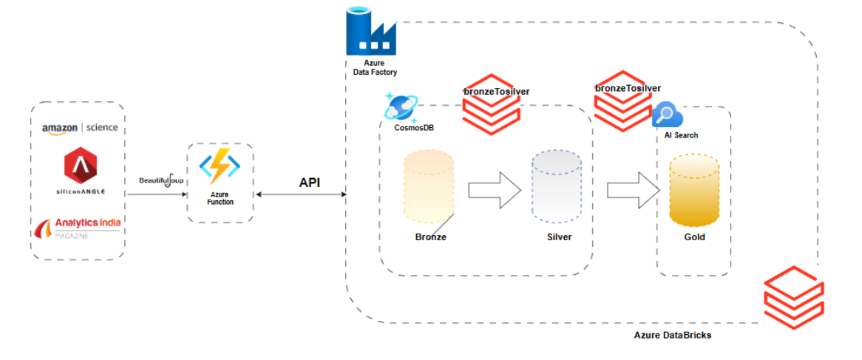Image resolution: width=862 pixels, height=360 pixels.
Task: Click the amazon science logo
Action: pos(80,128)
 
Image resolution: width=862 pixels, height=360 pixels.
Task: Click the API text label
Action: pos(309,182)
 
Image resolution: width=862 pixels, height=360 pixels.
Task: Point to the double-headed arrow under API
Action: pos(299,194)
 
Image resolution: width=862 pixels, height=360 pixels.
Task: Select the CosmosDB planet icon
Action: pos(401,108)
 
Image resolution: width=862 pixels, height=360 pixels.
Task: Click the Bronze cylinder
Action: pos(429,188)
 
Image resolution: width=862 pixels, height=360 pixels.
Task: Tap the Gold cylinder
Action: pos(693,191)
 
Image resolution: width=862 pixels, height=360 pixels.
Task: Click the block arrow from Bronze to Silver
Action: pos(495,190)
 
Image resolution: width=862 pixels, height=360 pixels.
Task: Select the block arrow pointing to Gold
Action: pos(633,190)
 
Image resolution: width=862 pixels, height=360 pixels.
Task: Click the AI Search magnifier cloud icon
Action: pos(667,116)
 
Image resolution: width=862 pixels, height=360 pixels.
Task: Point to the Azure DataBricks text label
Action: pos(672,335)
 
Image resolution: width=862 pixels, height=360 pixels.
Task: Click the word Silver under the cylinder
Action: pos(559,237)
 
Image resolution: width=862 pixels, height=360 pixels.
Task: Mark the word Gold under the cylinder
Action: pos(694,237)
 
